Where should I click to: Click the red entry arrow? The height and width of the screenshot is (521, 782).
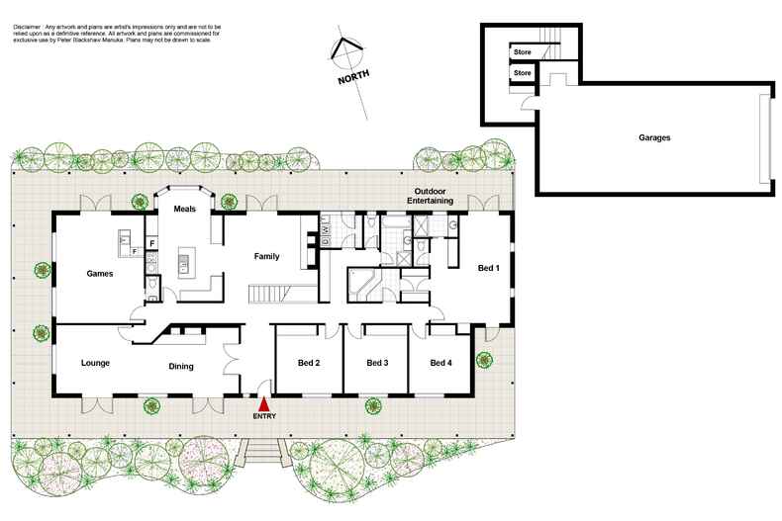click(263, 403)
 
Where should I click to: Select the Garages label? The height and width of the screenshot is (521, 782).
click(654, 137)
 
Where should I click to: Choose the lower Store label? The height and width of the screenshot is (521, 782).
click(523, 72)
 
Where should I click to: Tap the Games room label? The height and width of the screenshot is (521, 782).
click(102, 274)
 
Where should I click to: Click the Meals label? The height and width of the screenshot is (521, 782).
click(185, 210)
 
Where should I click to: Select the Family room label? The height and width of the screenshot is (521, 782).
click(267, 256)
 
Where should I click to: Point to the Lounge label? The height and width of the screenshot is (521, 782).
click(95, 363)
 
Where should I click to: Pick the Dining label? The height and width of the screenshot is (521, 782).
click(180, 367)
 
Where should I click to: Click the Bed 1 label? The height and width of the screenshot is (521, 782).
click(489, 268)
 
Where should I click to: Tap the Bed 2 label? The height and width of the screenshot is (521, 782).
click(309, 363)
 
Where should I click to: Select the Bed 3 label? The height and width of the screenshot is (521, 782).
click(376, 363)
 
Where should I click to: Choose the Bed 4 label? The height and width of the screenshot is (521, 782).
click(440, 363)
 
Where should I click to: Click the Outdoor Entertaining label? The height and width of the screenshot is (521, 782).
click(434, 196)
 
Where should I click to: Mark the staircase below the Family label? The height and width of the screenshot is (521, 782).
click(268, 294)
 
